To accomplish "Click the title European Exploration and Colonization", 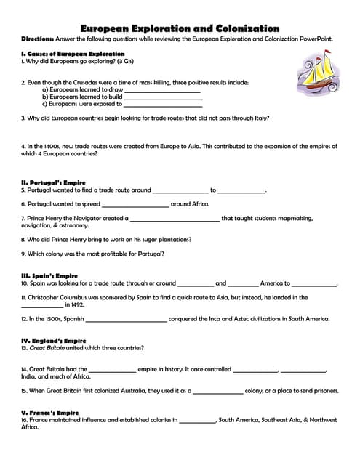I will [x=179, y=28].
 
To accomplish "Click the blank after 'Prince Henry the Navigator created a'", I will [x=175, y=219].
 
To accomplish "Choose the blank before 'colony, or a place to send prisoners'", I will [x=218, y=391].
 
